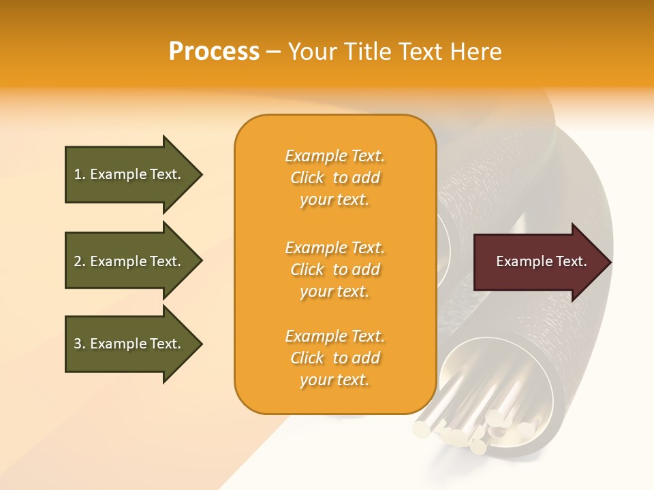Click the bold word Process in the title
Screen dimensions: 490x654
click(214, 52)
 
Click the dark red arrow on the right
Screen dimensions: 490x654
click(538, 262)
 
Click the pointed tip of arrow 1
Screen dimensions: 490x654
click(200, 174)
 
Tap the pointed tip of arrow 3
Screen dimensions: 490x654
click(200, 344)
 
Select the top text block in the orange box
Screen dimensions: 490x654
click(334, 178)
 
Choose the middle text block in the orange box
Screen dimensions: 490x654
click(334, 269)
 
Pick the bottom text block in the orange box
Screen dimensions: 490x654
click(334, 358)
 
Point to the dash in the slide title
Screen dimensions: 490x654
click(273, 52)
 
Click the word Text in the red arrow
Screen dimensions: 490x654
click(571, 261)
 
